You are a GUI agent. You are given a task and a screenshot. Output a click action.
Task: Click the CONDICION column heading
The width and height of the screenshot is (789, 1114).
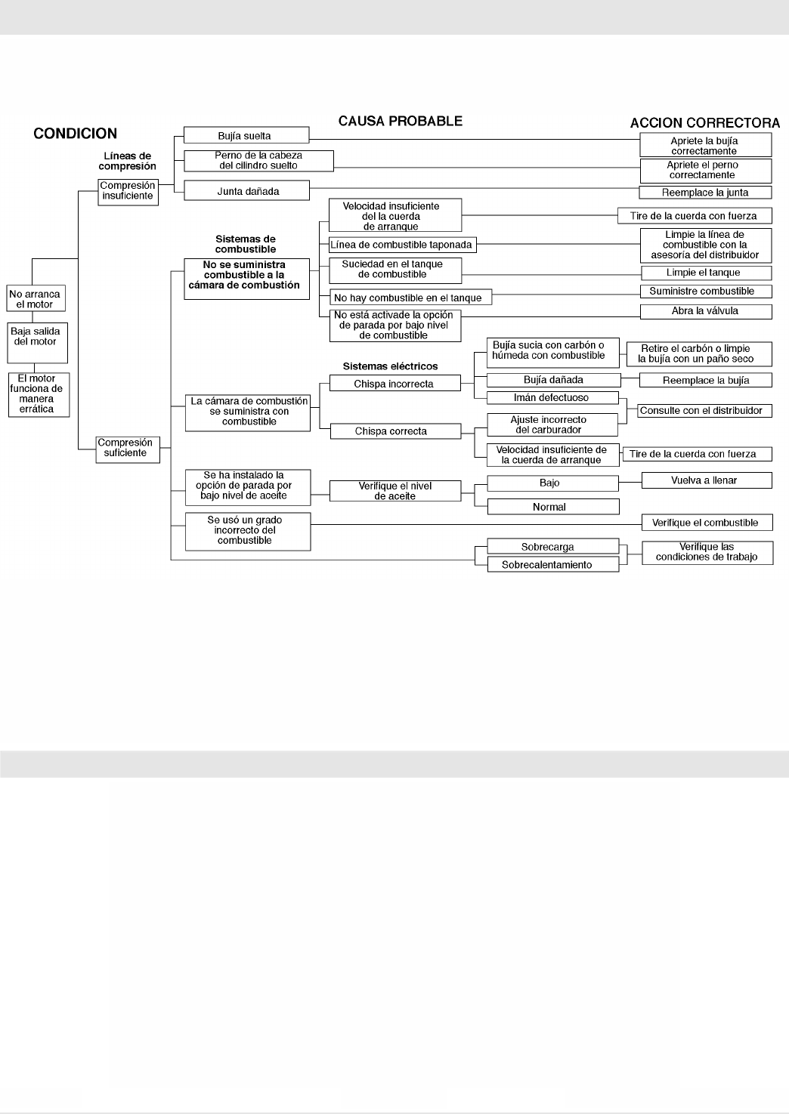pos(75,134)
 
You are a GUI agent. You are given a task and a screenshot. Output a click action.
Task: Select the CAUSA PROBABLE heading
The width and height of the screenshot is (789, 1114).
pos(400,121)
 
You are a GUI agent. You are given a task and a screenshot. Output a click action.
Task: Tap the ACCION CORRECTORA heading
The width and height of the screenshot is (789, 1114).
pos(705,123)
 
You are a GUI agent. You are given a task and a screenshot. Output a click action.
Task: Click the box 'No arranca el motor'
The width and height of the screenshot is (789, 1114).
pos(36,299)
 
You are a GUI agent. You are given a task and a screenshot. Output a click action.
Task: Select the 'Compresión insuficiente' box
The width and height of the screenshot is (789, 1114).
pos(128,191)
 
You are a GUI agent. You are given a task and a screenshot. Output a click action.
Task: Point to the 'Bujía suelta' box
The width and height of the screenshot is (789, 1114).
pos(246,136)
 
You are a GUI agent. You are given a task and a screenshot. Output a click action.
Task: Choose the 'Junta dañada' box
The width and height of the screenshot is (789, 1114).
pos(246,191)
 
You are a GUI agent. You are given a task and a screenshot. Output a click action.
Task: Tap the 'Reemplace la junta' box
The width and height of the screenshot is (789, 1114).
pos(705,192)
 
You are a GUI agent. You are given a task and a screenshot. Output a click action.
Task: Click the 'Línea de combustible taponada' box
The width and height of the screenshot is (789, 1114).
pos(401,245)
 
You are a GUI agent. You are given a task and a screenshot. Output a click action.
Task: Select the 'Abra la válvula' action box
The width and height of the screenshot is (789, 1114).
pos(705,311)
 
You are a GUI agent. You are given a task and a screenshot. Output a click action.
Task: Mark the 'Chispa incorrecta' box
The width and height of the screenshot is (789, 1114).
pos(394,384)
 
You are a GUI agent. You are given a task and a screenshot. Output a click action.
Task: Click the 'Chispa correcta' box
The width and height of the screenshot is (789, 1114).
pos(394,431)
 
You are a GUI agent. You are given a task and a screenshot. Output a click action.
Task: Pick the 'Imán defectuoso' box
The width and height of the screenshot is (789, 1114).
pos(552,398)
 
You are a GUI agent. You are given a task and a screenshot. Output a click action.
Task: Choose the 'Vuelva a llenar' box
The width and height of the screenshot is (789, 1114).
pos(705,480)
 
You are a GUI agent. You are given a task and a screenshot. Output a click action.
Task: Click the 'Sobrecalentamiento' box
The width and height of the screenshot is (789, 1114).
pos(552,564)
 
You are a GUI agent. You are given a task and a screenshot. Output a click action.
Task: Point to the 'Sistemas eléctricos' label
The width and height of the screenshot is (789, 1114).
pos(390,366)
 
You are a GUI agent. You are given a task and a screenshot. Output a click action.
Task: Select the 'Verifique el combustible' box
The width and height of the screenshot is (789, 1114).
pos(705,523)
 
